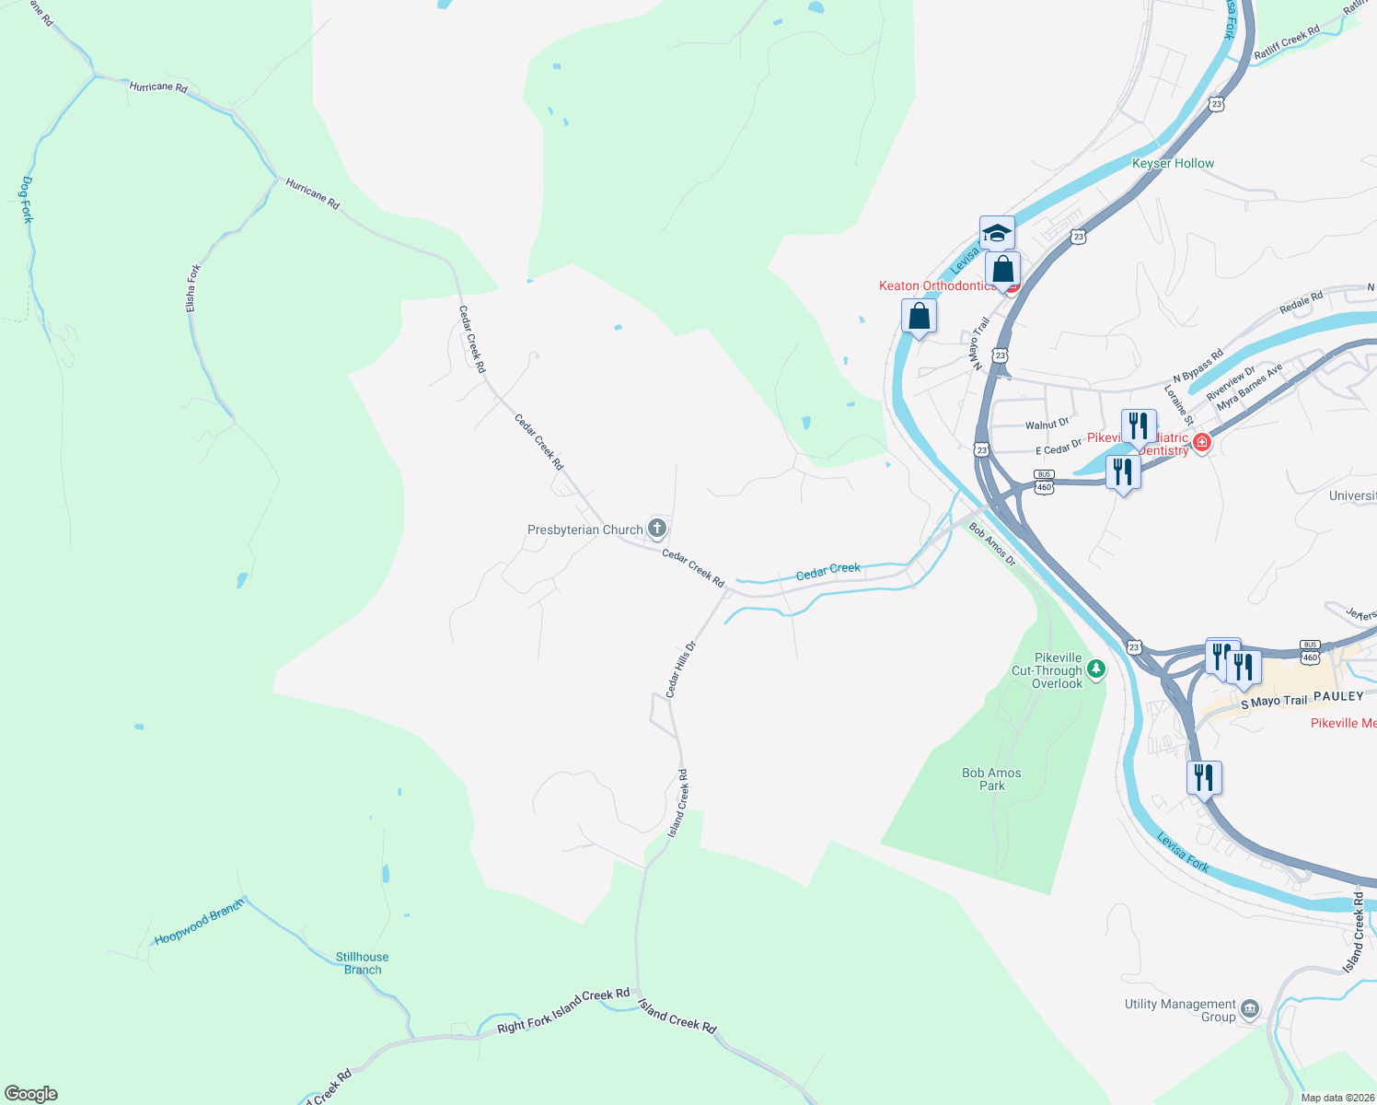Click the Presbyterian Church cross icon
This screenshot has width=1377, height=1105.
656,529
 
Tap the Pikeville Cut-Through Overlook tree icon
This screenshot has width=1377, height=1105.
1095,669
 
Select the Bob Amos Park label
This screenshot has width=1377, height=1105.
991,779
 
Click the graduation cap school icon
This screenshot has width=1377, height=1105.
996,233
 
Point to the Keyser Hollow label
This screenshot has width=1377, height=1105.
1173,163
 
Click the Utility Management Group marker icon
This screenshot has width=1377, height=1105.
1249,1009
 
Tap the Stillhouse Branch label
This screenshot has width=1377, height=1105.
362,963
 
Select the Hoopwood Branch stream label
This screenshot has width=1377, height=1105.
199,922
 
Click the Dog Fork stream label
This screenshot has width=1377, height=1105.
27,200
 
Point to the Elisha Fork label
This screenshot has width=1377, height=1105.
192,287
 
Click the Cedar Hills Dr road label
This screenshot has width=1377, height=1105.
681,669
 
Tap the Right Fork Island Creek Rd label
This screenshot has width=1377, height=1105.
563,1011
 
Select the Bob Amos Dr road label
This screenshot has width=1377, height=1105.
992,544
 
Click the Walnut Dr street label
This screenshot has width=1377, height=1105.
1047,425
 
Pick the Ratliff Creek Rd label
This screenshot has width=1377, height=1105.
1287,42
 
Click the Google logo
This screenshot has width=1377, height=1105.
31,1094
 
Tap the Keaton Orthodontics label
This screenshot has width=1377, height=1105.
937,285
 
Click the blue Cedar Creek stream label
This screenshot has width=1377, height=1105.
827,571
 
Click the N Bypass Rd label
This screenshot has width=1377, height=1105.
1198,366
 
